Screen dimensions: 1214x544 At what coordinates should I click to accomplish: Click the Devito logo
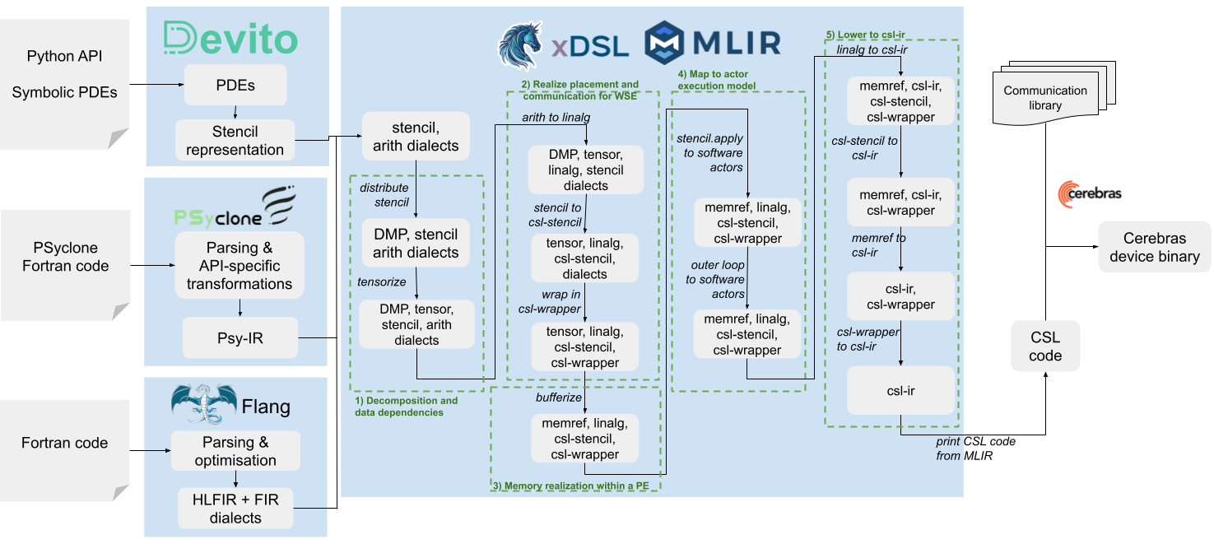pos(231,38)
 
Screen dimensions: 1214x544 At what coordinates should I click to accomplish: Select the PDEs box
pos(235,85)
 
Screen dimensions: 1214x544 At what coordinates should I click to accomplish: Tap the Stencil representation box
pos(235,141)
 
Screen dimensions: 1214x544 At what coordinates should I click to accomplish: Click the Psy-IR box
pos(240,338)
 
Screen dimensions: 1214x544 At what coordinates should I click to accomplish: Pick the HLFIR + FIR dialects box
pos(235,509)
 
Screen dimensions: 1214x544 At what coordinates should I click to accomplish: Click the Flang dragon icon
pos(204,403)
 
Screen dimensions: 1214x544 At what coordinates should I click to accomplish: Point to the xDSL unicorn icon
pos(520,46)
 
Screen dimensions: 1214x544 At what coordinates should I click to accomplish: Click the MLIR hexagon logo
pos(664,42)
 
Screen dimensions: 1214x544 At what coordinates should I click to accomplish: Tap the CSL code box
pos(1045,346)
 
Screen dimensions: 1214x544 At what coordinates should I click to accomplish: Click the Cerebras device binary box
pos(1155,247)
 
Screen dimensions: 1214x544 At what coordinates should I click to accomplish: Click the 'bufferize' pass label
pos(559,398)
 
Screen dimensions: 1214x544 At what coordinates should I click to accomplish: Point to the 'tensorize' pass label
pos(382,281)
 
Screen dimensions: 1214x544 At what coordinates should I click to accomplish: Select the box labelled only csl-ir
pos(900,391)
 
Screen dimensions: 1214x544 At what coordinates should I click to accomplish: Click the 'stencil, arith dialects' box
pos(416,137)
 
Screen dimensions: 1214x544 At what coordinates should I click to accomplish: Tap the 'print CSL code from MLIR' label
pos(975,449)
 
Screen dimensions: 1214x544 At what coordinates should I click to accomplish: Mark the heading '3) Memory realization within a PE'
pos(570,486)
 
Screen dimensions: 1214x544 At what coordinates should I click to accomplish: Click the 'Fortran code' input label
pos(64,443)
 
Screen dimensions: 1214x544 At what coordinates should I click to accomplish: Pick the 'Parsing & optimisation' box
pos(235,451)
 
